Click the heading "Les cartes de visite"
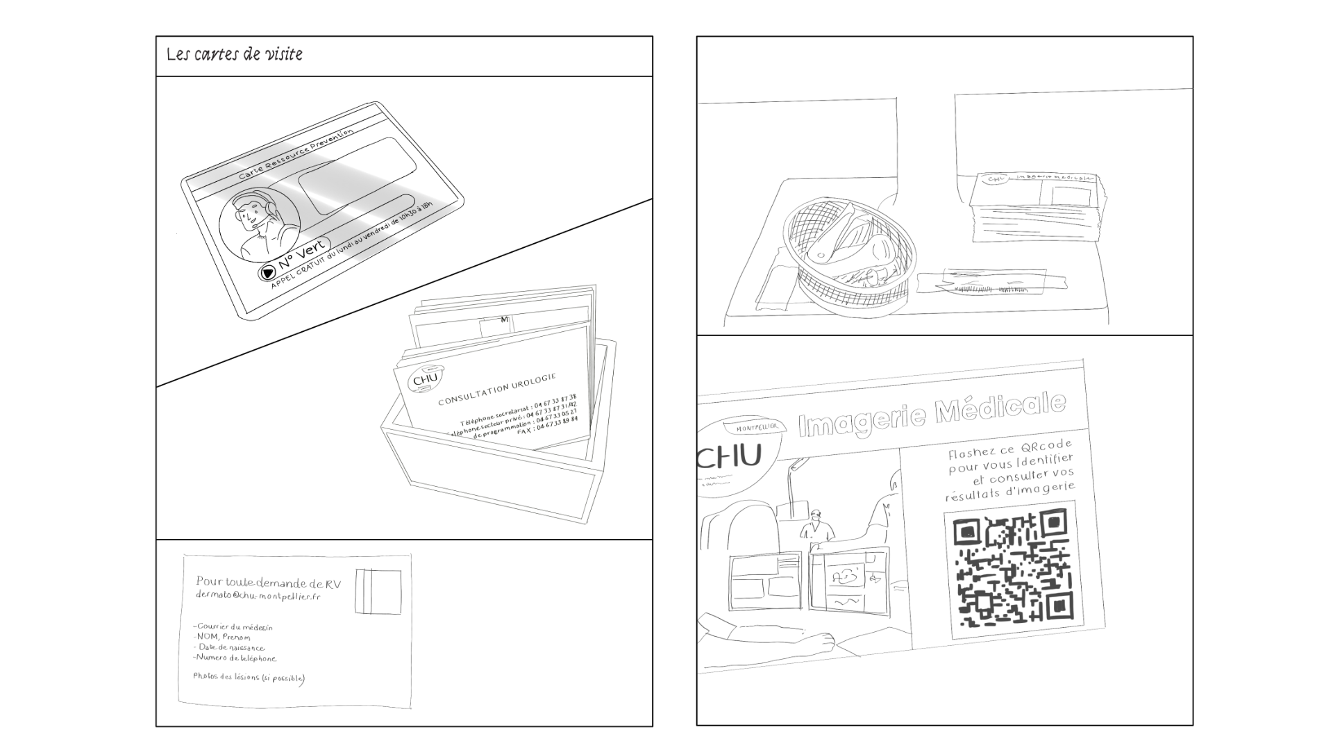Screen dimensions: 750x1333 235,54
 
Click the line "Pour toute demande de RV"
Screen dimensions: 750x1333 269,583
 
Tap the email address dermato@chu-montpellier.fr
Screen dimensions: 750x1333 258,597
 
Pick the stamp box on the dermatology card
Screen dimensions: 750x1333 378,591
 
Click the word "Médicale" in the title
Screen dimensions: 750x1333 1000,409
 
